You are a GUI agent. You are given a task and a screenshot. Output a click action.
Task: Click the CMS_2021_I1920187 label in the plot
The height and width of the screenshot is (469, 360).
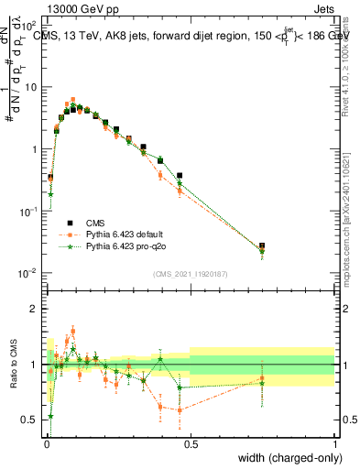click(x=190, y=274)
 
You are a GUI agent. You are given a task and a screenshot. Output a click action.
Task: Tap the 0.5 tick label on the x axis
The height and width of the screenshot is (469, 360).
click(x=190, y=443)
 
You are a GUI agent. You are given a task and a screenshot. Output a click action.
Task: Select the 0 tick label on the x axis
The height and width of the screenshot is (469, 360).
click(x=45, y=443)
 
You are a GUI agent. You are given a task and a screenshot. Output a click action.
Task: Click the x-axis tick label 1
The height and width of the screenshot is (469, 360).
click(x=334, y=443)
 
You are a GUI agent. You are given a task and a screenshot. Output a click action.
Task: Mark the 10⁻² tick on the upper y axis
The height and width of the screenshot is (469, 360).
click(x=31, y=273)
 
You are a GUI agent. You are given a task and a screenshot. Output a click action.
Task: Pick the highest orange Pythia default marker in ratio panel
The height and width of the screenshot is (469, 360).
click(x=73, y=332)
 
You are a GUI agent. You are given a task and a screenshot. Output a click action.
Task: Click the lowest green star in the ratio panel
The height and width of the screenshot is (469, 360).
click(x=50, y=416)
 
